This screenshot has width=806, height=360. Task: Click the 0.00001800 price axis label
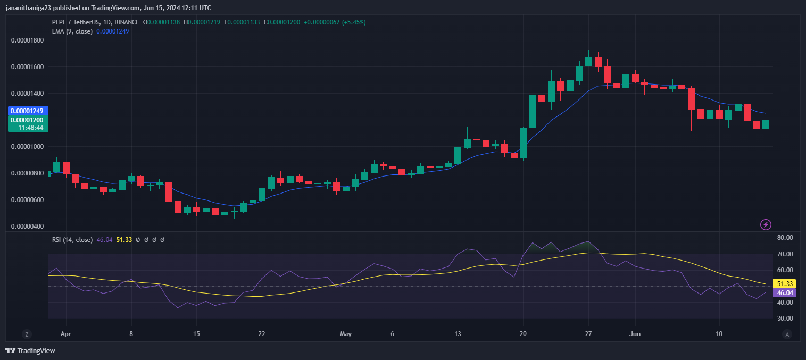pyautogui.click(x=28, y=40)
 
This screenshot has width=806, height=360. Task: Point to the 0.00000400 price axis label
pyautogui.click(x=28, y=227)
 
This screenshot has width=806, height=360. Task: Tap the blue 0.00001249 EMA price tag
pyautogui.click(x=28, y=111)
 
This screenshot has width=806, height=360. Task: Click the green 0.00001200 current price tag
pyautogui.click(x=28, y=120)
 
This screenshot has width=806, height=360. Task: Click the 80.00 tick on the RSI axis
pyautogui.click(x=785, y=238)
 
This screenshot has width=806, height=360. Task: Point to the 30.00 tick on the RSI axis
pyautogui.click(x=785, y=319)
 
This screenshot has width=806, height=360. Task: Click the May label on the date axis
pyautogui.click(x=346, y=335)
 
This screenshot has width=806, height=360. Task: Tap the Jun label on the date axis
pyautogui.click(x=635, y=335)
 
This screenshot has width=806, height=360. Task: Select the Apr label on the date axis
pyautogui.click(x=66, y=335)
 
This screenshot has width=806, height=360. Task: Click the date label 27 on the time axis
pyautogui.click(x=588, y=335)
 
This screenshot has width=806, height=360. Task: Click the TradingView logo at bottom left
pyautogui.click(x=30, y=350)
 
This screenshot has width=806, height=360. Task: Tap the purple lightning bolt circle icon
pyautogui.click(x=766, y=224)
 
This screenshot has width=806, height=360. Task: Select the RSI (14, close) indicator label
pyautogui.click(x=72, y=240)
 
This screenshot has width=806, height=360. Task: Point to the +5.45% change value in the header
pyautogui.click(x=354, y=22)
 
